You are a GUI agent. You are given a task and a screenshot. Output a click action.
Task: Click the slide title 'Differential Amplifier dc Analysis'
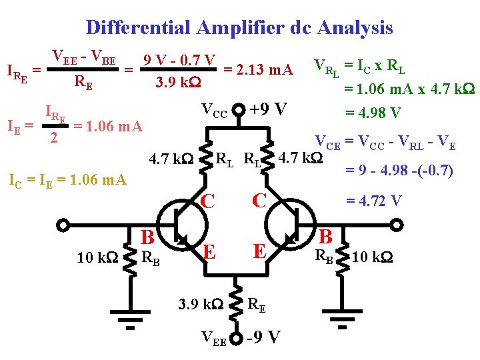click(239, 28)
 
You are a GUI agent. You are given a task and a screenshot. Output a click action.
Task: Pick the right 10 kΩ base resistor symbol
click(343, 256)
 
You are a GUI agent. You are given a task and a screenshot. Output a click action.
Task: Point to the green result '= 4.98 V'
click(372, 113)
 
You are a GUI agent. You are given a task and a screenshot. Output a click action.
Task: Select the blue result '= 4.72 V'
click(373, 201)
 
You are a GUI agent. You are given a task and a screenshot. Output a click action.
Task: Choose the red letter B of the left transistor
click(148, 237)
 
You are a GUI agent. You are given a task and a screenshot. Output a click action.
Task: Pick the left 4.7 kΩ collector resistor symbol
click(205, 157)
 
